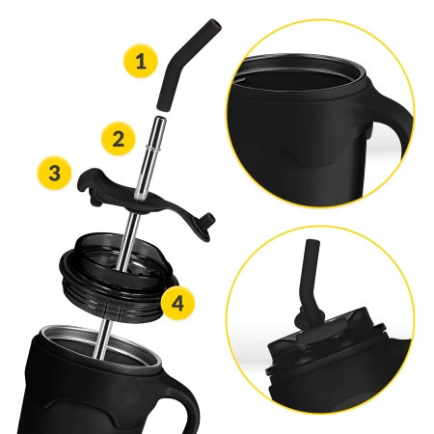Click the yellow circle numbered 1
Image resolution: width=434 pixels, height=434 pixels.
tap(141, 63)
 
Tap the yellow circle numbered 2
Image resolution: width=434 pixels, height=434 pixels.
tap(118, 137)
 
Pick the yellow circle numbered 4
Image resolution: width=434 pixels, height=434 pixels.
tap(176, 302)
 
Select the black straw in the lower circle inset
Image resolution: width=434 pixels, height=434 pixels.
tap(312, 275)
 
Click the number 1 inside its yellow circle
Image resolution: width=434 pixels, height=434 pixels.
tap(141, 63)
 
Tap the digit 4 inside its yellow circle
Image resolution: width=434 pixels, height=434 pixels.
tap(176, 302)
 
